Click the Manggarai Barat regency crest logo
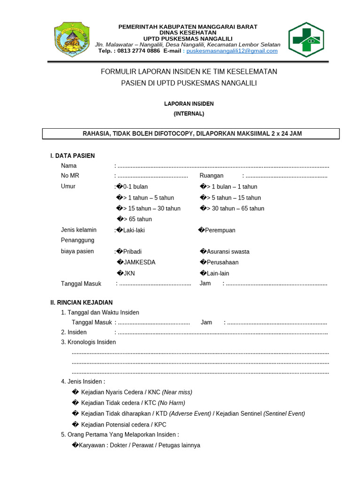pyautogui.click(x=72, y=40)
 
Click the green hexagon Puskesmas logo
pyautogui.click(x=306, y=40)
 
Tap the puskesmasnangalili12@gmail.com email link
pyautogui.click(x=232, y=51)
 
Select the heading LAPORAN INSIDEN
pyautogui.click(x=188, y=104)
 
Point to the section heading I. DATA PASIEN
pyautogui.click(x=72, y=156)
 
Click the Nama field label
pyautogui.click(x=69, y=166)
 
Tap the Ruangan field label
pyautogui.click(x=212, y=176)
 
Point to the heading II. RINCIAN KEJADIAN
pyautogui.click(x=81, y=303)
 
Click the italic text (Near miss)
pyautogui.click(x=177, y=392)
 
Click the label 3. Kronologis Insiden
pyautogui.click(x=88, y=342)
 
